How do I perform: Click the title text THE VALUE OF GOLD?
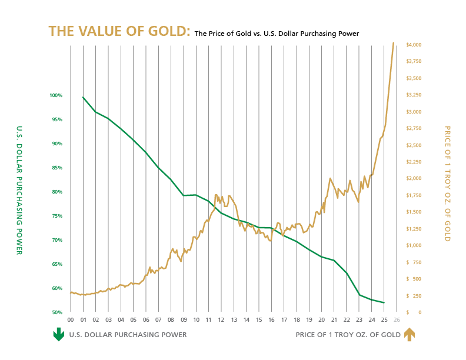click(119, 32)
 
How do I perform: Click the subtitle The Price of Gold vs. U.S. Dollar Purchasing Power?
click(277, 34)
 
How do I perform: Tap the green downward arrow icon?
click(59, 335)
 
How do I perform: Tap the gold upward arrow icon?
click(410, 335)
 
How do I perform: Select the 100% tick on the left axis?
click(56, 95)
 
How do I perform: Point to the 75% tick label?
click(57, 216)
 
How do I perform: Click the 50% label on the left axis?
click(57, 312)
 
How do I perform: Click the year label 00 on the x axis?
click(71, 320)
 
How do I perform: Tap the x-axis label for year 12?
click(221, 320)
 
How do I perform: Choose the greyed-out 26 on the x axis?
click(397, 320)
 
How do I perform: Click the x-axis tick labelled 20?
click(321, 320)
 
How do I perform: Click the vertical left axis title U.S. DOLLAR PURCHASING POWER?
click(19, 190)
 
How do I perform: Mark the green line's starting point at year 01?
click(83, 97)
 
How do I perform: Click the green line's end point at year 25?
click(384, 303)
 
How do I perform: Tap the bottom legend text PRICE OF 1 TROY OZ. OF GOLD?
click(348, 335)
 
